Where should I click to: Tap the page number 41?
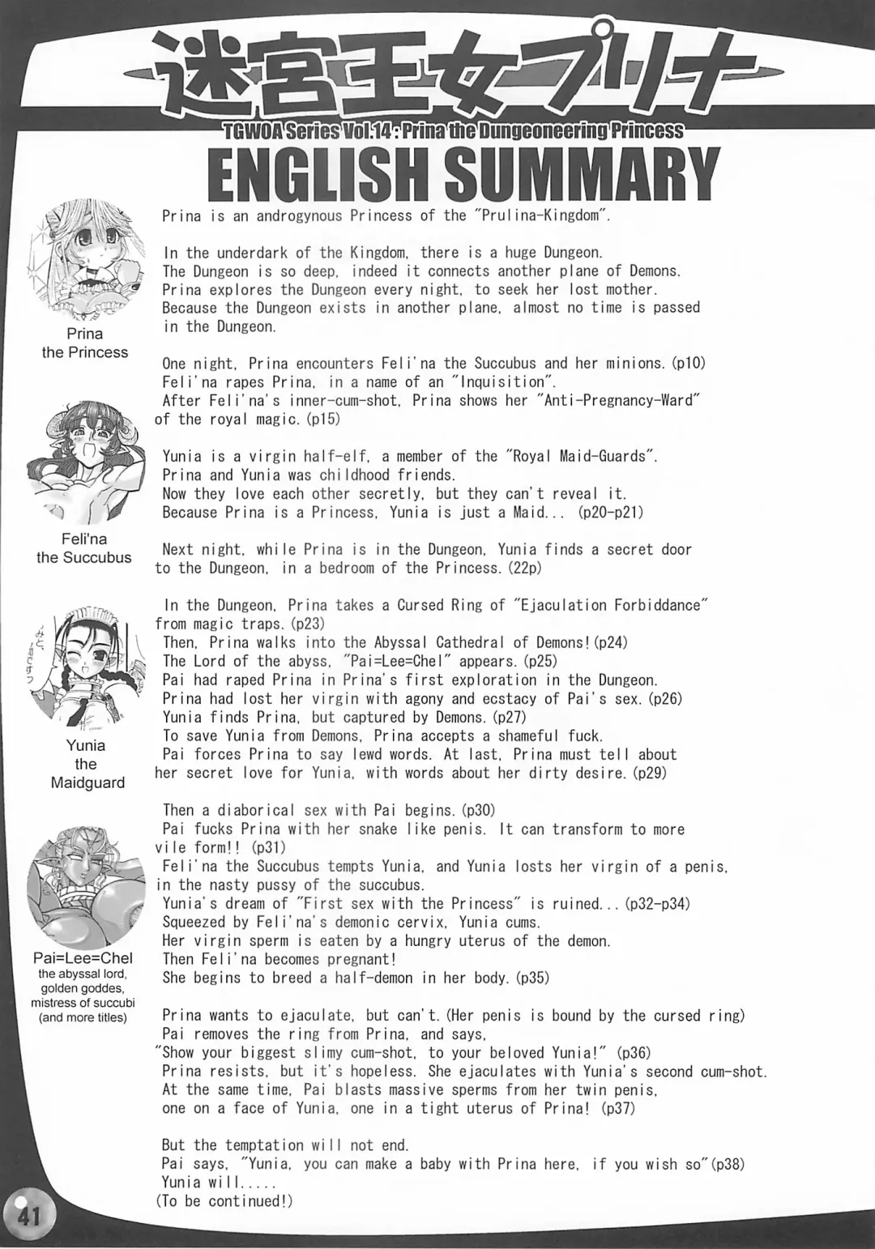(28, 1216)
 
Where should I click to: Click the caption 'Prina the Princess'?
(85, 343)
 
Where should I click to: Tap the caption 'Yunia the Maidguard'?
(87, 764)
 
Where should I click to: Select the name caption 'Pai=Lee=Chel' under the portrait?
(83, 957)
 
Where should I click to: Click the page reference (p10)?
(688, 363)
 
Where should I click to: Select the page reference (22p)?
(525, 568)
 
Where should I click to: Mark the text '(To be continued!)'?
(224, 1201)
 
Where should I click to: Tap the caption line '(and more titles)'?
(83, 1017)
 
